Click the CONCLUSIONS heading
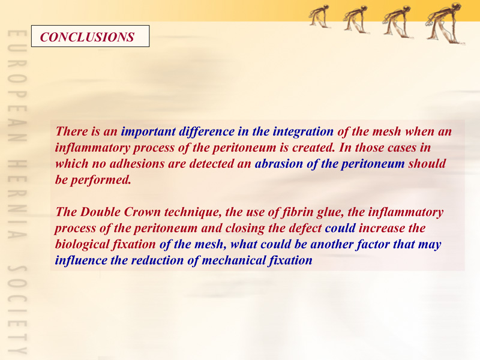[87, 37]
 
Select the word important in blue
[148, 131]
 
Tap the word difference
[207, 131]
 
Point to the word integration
[303, 131]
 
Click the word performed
[101, 180]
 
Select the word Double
[100, 212]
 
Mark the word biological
[82, 244]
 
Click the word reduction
[157, 260]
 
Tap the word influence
[81, 260]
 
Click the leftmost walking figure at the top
[319, 16]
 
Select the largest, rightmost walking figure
[445, 23]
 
